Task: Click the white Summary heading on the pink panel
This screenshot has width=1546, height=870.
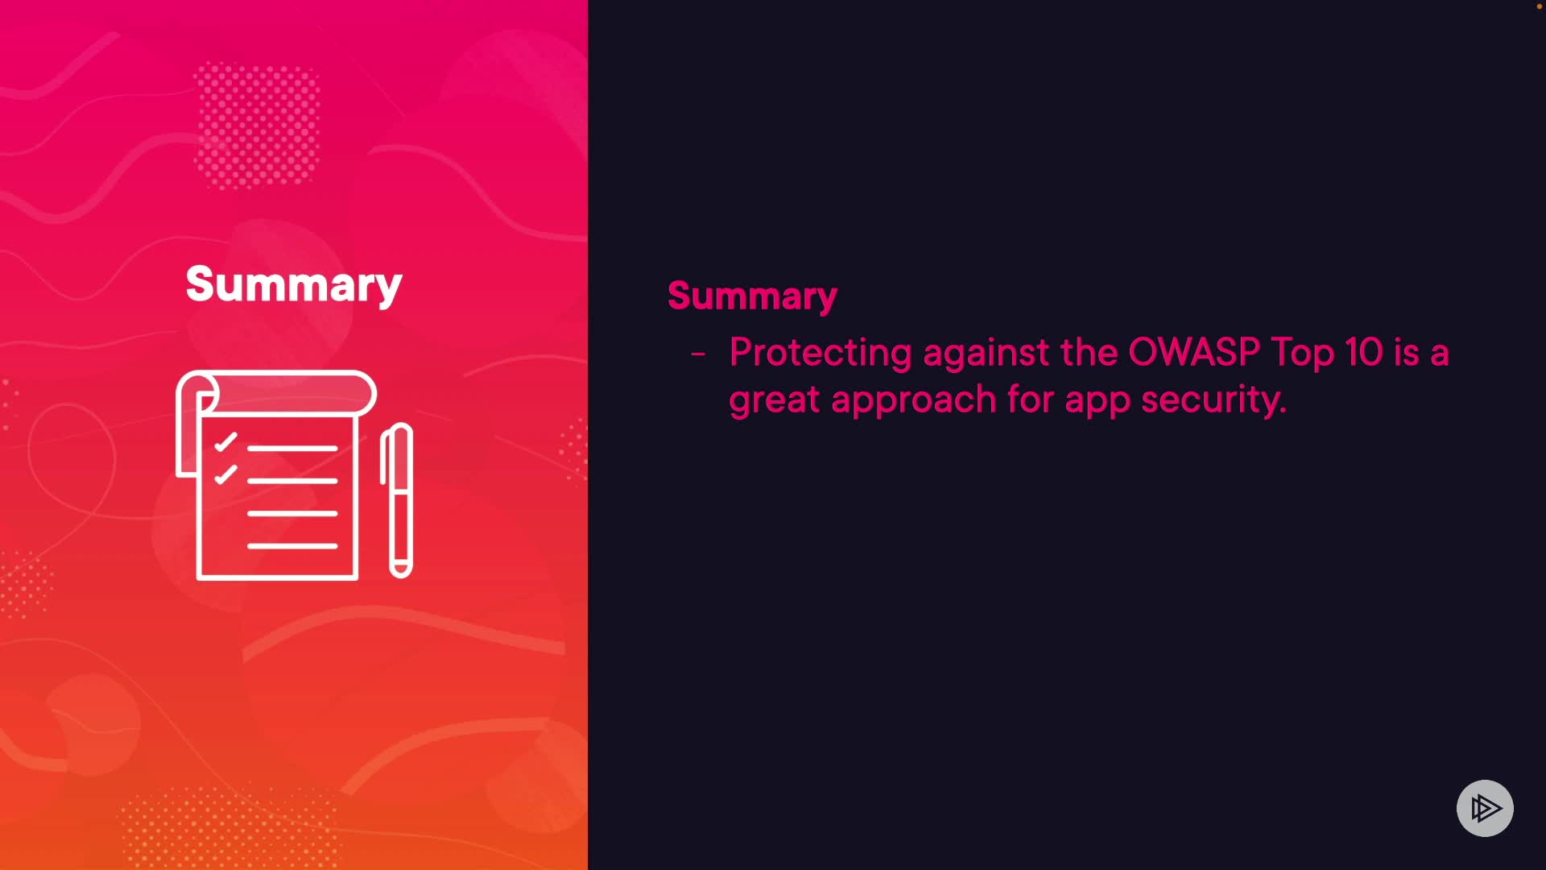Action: tap(294, 285)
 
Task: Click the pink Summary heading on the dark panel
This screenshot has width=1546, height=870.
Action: tap(752, 296)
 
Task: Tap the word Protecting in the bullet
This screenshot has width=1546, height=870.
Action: tap(820, 353)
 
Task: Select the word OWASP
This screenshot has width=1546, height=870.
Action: tap(1194, 352)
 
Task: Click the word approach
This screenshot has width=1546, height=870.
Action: tap(913, 400)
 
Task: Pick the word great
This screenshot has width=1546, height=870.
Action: tap(774, 400)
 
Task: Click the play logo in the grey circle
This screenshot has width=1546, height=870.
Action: tap(1485, 808)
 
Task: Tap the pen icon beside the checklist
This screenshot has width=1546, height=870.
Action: tap(397, 500)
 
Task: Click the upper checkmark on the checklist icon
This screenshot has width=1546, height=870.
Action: tap(225, 441)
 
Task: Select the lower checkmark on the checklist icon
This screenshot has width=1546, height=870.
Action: tap(225, 474)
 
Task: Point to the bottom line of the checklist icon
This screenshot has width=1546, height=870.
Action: tap(292, 546)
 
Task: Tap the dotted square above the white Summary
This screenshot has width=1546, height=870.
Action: tap(257, 125)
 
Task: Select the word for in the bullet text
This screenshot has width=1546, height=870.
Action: tap(1031, 399)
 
